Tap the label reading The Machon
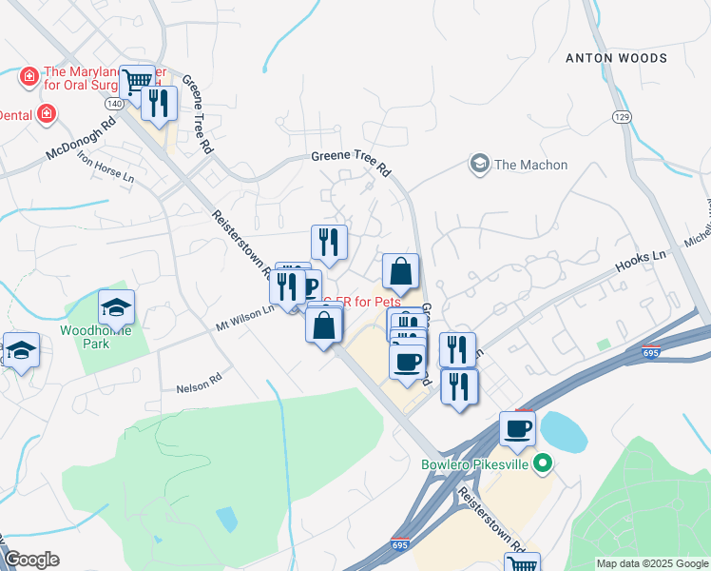530,165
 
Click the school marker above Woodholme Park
117,306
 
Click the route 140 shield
114,103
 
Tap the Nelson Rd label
198,387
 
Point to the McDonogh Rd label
81,139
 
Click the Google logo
31,560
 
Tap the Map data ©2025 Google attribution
652,563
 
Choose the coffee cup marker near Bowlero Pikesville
518,428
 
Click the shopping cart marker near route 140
138,82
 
